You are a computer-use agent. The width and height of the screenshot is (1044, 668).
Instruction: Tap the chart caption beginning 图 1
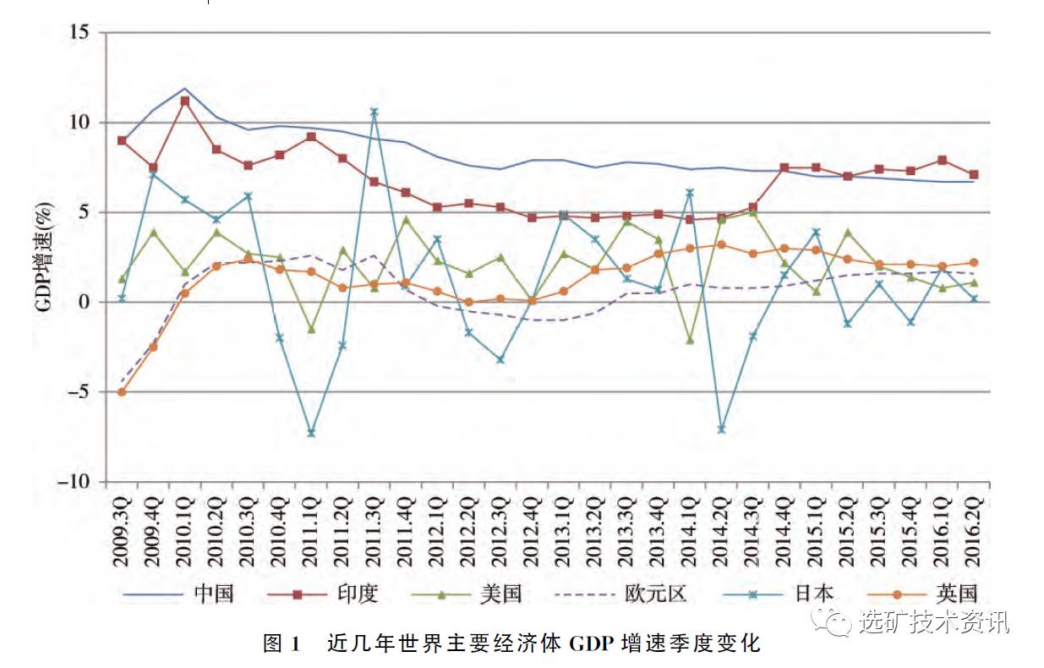[x=512, y=644]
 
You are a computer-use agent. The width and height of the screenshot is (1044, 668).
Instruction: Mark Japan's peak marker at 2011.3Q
[x=374, y=112]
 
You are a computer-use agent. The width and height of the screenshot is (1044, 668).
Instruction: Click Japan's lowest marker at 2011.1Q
[x=311, y=433]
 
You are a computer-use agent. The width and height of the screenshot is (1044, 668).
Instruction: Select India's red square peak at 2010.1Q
[x=185, y=101]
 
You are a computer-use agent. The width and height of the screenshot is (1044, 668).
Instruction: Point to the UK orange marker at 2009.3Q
[x=122, y=392]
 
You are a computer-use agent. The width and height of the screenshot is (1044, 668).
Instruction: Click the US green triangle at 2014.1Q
[x=690, y=340]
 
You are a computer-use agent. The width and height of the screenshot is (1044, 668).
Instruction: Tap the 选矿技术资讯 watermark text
[x=933, y=623]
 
